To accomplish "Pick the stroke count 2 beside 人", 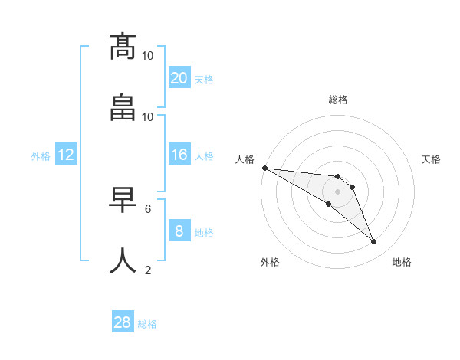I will coord(148,270).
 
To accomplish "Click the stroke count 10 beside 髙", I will coord(148,56).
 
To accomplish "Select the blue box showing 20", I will coord(179,78).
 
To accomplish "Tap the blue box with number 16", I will coord(179,155).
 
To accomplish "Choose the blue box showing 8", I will coord(179,231).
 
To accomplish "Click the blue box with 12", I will coord(66,155).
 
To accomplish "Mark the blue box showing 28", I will coord(123,323).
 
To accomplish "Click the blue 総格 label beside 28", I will coord(147,324).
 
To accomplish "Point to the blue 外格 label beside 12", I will coord(41,155).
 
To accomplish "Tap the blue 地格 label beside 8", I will coord(204,232).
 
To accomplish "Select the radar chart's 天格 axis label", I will coord(432,159).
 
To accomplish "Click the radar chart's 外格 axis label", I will coord(270,262).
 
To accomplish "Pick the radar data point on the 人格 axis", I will coord(264,168).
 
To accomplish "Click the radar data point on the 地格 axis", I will coord(374,242).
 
